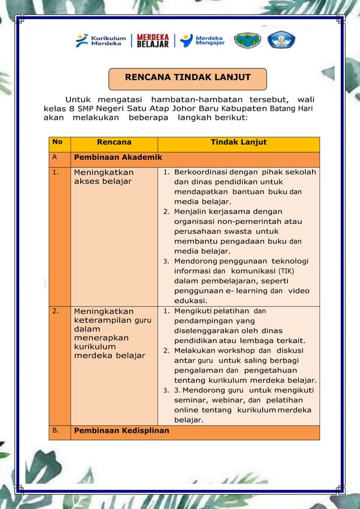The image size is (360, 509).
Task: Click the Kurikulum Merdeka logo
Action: (102, 41)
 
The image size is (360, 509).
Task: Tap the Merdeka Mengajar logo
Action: (202, 41)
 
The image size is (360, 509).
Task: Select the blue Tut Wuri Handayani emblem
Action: (281, 40)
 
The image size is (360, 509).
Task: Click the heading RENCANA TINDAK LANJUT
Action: (187, 77)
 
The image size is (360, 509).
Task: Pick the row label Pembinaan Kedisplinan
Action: (121, 431)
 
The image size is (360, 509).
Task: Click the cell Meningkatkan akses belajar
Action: (103, 176)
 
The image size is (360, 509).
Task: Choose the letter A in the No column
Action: (55, 158)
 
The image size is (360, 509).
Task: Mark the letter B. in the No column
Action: (56, 431)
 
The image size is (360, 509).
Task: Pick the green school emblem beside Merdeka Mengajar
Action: (248, 41)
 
